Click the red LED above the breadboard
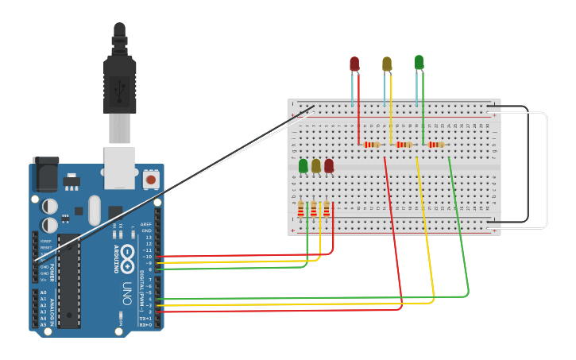[354, 64]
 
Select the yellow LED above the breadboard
[387, 64]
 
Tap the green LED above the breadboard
[419, 62]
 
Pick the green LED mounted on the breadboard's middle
[303, 165]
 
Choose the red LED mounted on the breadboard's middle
[329, 165]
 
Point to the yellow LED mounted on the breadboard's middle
[316, 165]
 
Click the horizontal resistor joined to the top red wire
[372, 145]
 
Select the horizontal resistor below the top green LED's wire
[436, 145]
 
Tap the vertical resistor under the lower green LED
[301, 209]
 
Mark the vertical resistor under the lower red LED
[327, 209]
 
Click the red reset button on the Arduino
[150, 180]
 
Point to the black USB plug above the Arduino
[119, 83]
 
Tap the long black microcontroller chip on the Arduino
[69, 282]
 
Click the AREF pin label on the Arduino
[145, 224]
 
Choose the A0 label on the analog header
[43, 292]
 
